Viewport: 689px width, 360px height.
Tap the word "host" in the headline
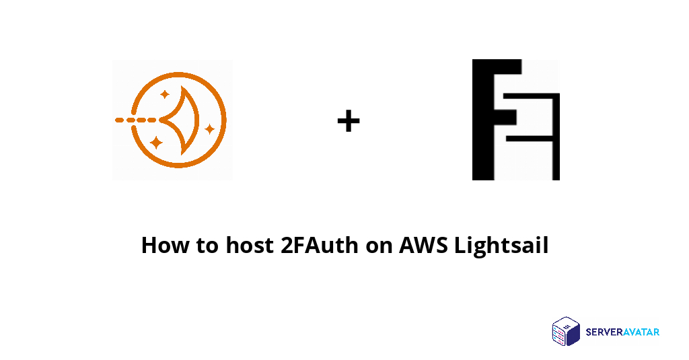point(250,246)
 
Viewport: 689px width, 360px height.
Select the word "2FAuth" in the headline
point(320,246)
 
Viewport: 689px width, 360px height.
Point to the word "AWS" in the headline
point(423,246)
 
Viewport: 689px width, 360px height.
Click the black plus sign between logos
point(349,121)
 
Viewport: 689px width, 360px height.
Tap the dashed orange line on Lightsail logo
point(135,120)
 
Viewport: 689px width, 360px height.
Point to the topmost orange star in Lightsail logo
point(165,94)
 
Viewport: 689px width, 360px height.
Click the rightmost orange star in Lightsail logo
point(210,129)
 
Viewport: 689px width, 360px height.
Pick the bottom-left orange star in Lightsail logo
point(156,143)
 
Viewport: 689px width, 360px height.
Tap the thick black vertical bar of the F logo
point(483,120)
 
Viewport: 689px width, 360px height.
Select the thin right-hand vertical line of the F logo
point(556,137)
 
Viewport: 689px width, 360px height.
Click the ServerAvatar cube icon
point(567,332)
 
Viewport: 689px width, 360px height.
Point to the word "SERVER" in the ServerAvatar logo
point(603,332)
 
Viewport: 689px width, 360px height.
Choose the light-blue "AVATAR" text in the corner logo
point(641,332)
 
